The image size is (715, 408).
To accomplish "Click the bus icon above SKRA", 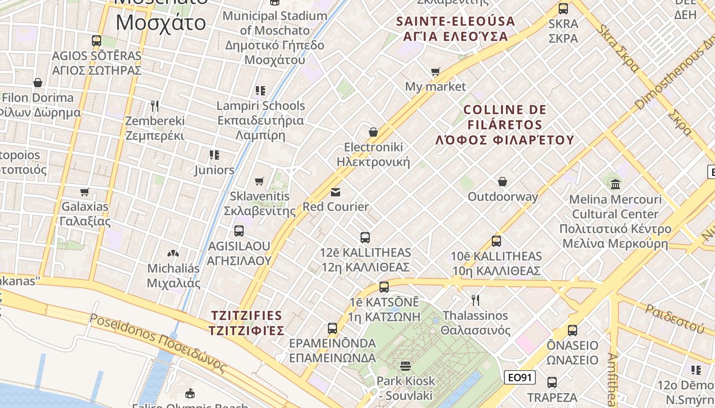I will tap(563, 8).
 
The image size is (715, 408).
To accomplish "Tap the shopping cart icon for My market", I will tap(435, 72).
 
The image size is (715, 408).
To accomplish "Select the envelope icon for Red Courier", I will tap(336, 192).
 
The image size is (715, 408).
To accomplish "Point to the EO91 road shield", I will tap(520, 377).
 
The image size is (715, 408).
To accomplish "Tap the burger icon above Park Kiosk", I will tap(406, 366).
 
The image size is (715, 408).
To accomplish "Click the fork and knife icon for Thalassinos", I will tap(475, 300).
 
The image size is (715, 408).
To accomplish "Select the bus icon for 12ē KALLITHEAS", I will tap(365, 237).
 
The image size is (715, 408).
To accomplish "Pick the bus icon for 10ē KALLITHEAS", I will tap(496, 241).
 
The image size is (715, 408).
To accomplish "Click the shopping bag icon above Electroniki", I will tap(373, 132).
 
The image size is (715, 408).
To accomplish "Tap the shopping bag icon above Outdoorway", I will tap(503, 182).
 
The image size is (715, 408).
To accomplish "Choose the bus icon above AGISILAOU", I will tap(239, 231).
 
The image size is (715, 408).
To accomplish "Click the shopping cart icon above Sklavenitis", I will tap(259, 181).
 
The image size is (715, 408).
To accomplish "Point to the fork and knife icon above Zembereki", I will tap(155, 106).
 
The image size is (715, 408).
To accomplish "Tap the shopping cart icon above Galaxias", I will tap(85, 192).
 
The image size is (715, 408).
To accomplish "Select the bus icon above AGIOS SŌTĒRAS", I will tap(97, 40).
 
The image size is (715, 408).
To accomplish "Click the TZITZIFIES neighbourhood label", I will tap(246, 322).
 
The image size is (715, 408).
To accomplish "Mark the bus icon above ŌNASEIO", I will tap(572, 330).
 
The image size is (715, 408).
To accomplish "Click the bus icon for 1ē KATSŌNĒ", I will tap(384, 287).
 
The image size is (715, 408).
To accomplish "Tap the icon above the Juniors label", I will tap(214, 155).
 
